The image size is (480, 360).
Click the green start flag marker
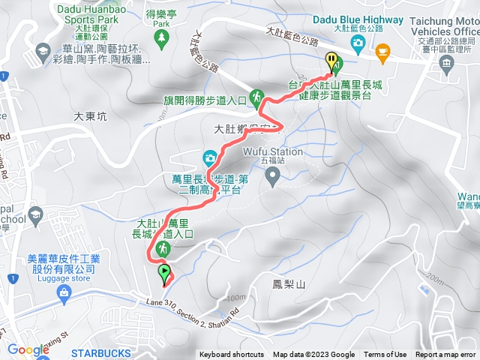point(164,272)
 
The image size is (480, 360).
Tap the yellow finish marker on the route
point(331,60)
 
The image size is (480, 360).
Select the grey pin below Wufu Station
point(273,176)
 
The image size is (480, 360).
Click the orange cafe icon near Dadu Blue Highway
point(382,51)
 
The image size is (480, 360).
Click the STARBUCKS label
point(100,352)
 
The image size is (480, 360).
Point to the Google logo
point(28,349)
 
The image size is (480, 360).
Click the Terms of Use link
point(385,355)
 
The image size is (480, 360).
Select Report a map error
point(446,355)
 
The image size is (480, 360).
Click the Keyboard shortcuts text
point(232,355)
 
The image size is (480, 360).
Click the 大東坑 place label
point(91,117)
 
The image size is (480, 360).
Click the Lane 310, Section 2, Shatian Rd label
point(191,307)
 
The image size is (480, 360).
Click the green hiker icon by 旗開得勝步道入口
point(256,96)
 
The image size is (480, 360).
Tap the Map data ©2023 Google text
point(313,355)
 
